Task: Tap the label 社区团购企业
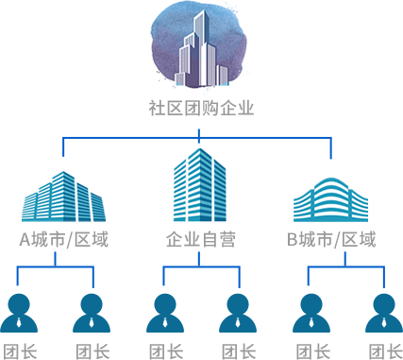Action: coord(201,108)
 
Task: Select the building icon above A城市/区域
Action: coord(63,197)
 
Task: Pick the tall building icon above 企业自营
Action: coord(200,185)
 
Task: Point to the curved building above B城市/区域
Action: coord(330,199)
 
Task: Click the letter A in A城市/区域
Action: coord(25,239)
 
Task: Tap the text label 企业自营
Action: coord(201,239)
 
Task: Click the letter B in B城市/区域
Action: coord(293,239)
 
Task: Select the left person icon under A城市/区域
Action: coord(19,313)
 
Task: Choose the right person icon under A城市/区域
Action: coord(92,313)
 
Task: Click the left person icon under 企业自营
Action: coord(165,313)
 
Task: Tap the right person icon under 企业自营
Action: coord(238,313)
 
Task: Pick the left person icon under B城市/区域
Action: coord(311,313)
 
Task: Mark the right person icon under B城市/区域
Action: coord(384,313)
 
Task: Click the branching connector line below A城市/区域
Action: coord(56,267)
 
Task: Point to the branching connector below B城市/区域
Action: coord(345,267)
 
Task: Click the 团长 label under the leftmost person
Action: coord(20,351)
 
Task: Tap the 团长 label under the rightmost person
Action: coord(385,351)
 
